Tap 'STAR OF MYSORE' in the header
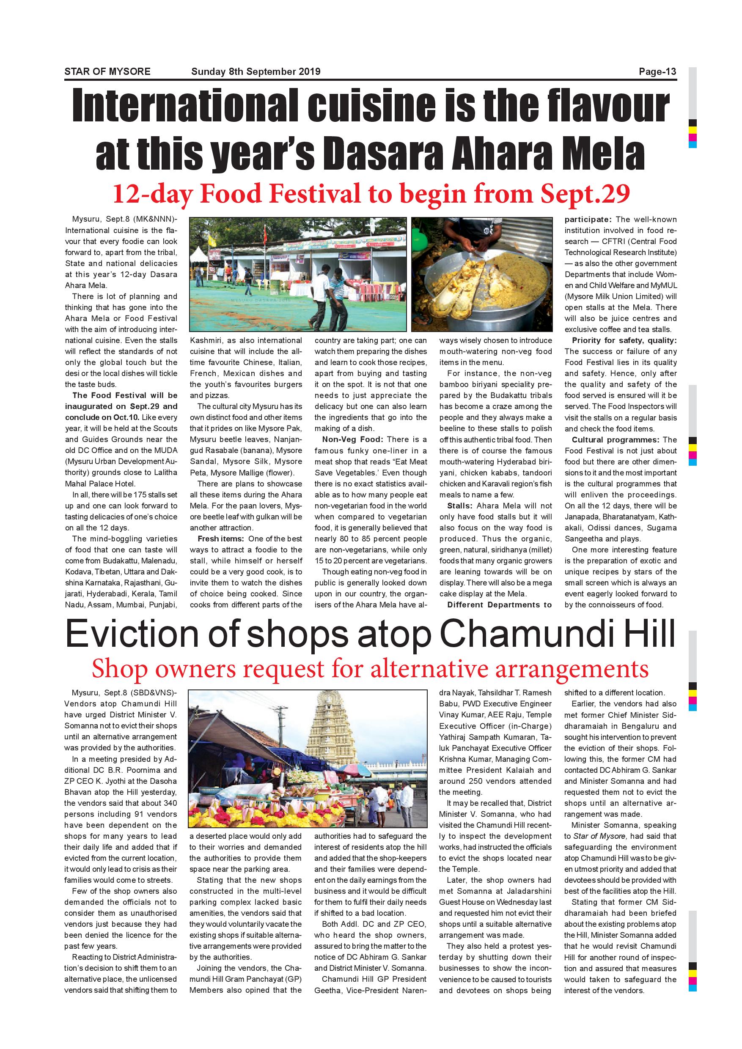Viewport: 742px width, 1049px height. pyautogui.click(x=107, y=72)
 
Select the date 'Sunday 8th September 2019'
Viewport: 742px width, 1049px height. pyautogui.click(x=256, y=72)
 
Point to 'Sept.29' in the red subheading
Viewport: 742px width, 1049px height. pyautogui.click(x=585, y=194)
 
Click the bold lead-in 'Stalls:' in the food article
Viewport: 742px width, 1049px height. pyautogui.click(x=459, y=506)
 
